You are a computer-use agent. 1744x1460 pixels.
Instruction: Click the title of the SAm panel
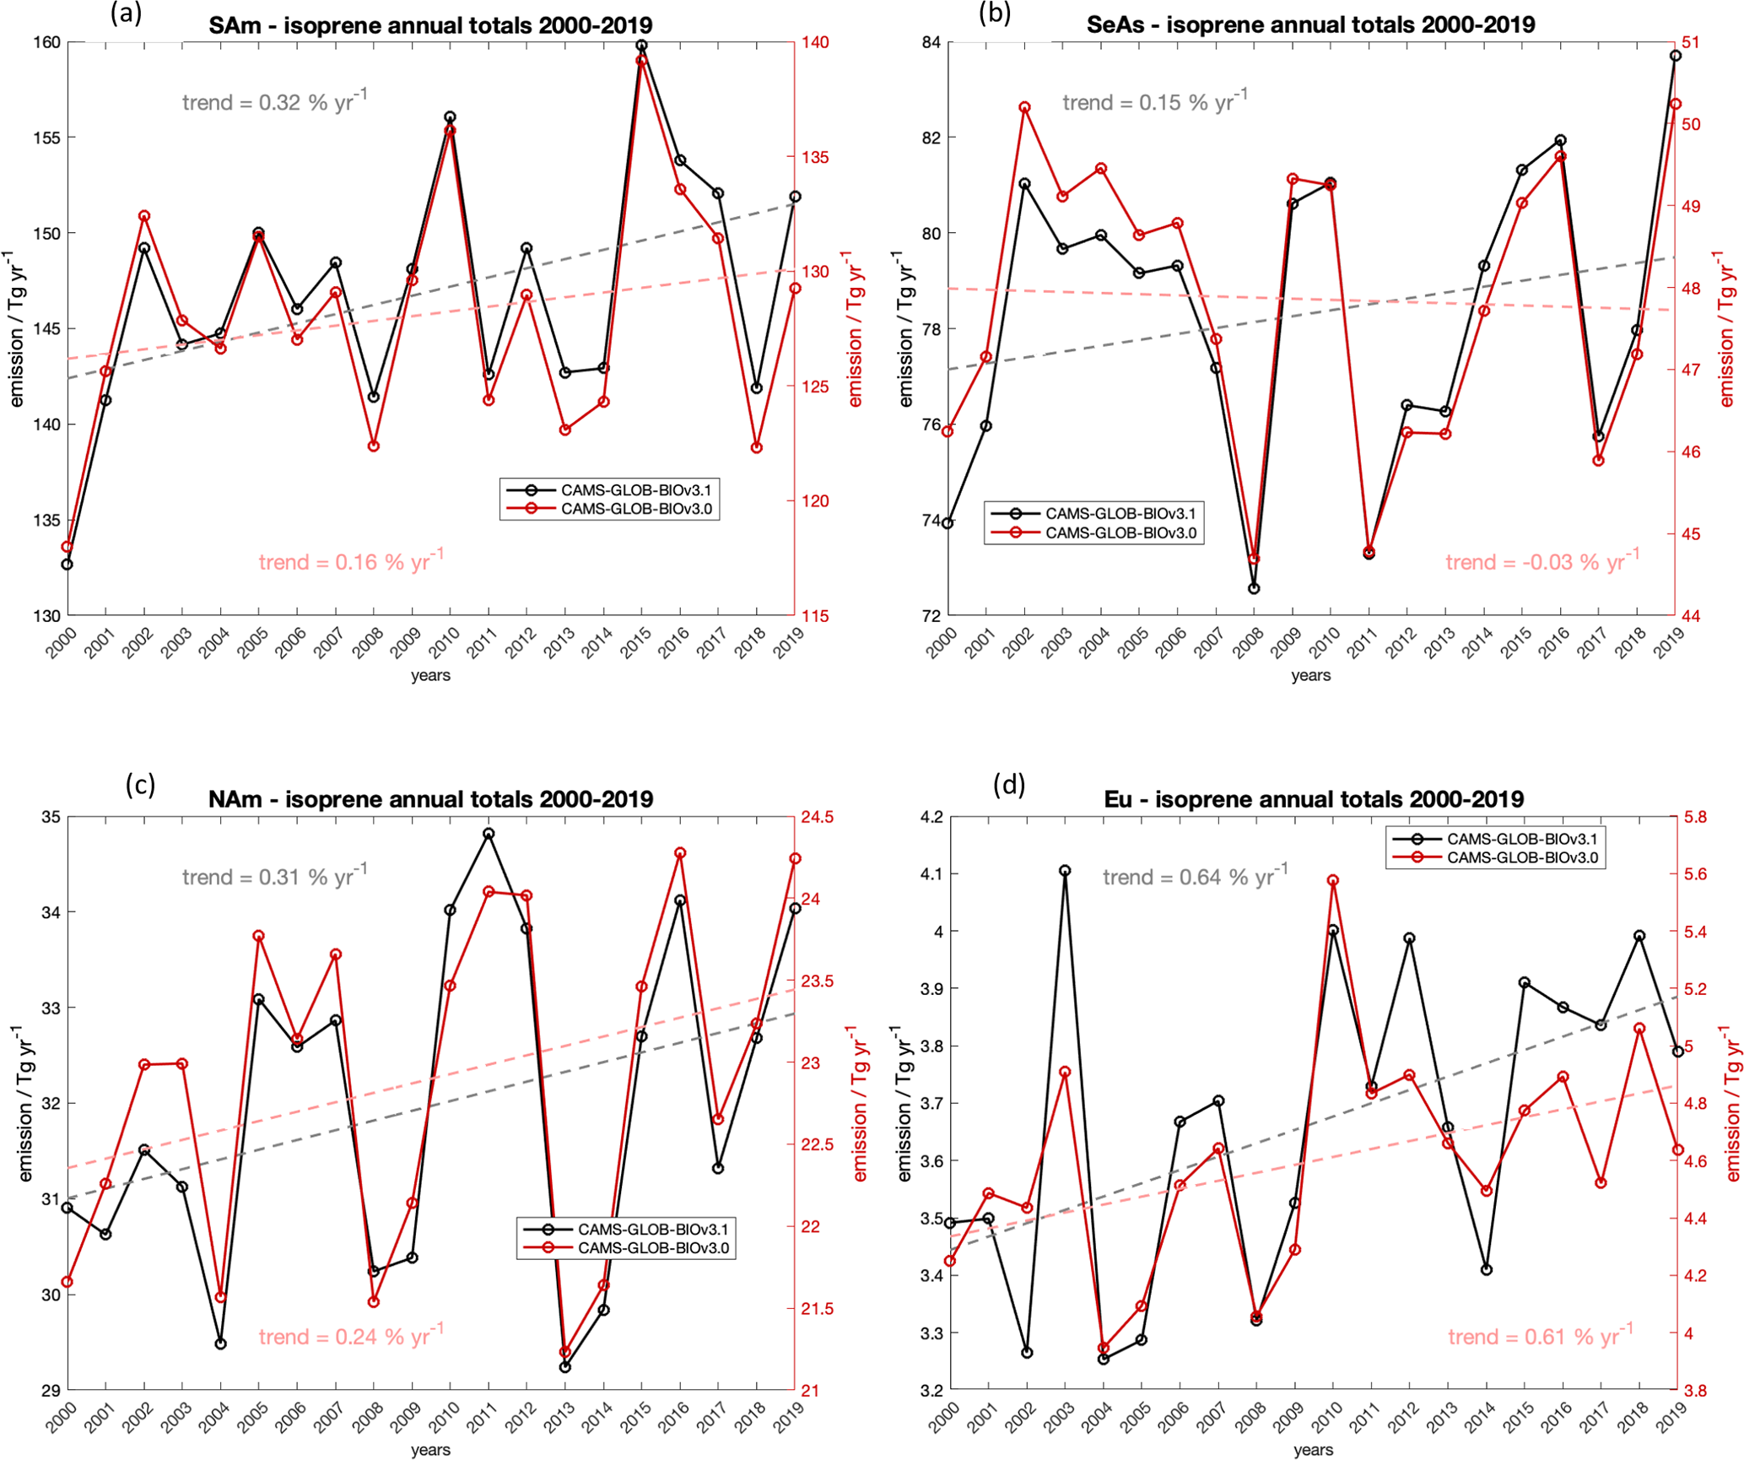pos(430,25)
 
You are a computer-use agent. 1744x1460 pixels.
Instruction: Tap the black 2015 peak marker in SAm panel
pos(641,45)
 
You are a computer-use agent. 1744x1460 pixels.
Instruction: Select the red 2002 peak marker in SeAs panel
pos(1024,107)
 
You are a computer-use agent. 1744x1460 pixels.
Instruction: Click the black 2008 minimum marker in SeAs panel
pos(1254,588)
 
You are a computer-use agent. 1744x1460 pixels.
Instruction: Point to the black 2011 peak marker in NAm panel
pos(489,833)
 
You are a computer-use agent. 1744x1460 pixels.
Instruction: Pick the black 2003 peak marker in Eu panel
pos(1065,870)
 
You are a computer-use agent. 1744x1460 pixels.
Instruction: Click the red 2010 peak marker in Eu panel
pos(1333,880)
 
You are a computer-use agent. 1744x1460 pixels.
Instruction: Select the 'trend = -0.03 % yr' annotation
pos(1542,561)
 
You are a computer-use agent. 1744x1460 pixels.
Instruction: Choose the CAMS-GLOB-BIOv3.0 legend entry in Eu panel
pos(1522,857)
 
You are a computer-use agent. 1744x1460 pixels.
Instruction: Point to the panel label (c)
pos(140,784)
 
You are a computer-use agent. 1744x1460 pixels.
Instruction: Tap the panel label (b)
pos(995,13)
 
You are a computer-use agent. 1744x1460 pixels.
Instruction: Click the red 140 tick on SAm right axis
pos(817,42)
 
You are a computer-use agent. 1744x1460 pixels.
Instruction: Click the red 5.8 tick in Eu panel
pos(1695,817)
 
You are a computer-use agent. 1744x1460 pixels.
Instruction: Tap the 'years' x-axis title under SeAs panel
pos(1310,675)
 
